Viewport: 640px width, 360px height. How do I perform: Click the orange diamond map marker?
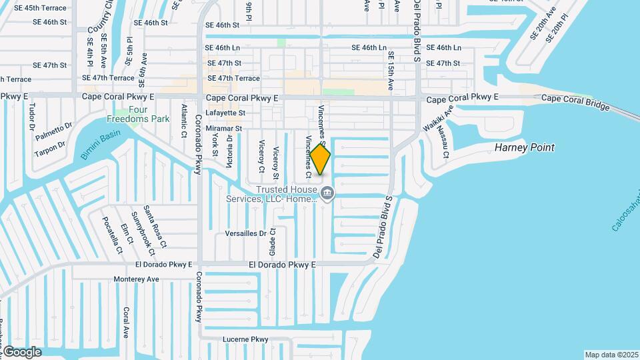click(x=320, y=160)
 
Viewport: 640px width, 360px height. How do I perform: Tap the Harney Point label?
click(x=525, y=147)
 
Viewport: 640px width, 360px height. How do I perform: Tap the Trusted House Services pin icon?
click(x=327, y=194)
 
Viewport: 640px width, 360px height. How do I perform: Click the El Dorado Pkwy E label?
click(x=281, y=265)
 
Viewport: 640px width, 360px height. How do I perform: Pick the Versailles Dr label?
click(x=246, y=233)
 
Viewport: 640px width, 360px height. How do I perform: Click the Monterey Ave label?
click(x=137, y=279)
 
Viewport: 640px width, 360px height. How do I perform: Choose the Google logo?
click(x=22, y=351)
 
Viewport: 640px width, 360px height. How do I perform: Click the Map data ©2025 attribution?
click(x=611, y=355)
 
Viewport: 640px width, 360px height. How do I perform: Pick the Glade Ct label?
click(x=272, y=243)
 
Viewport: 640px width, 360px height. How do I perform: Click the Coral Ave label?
click(x=126, y=323)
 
